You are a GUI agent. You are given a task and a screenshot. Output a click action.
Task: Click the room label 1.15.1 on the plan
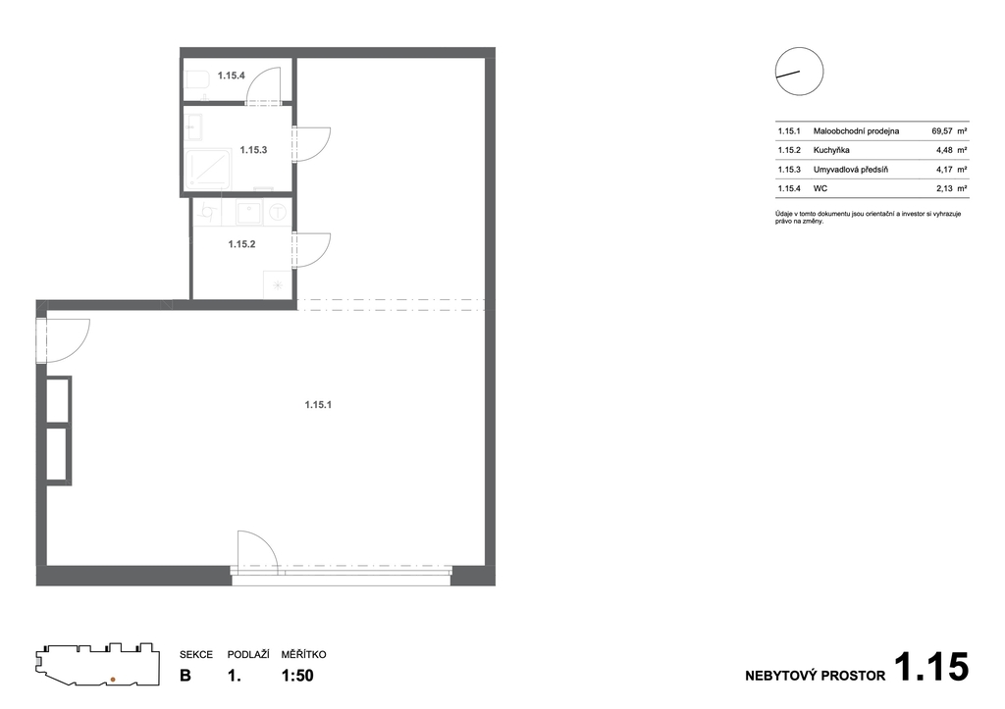(318, 405)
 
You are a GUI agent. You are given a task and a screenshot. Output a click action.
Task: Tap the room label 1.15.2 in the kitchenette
(241, 244)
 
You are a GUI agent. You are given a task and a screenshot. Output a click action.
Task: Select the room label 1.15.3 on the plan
(253, 150)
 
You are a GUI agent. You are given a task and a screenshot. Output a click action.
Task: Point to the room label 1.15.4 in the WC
(231, 76)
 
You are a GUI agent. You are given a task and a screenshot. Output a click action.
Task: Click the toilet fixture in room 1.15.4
(196, 80)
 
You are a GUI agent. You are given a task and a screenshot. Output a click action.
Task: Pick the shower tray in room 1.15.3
(208, 169)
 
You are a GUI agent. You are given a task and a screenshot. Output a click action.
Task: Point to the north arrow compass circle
(799, 71)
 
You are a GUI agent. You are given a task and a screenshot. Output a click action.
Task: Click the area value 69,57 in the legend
(942, 130)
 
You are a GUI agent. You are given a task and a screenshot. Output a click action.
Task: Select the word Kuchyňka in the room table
(831, 150)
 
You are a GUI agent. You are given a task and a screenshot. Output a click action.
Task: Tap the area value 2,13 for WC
(944, 188)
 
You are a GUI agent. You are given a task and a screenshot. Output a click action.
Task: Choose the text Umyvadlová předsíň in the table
(851, 170)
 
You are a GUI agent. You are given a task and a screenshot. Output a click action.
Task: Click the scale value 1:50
(297, 676)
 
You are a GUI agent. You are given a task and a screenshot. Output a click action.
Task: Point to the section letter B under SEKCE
(185, 676)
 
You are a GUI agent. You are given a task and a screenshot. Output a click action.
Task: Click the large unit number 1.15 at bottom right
(931, 667)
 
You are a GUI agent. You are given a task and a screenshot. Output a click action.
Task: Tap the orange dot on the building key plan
(113, 679)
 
